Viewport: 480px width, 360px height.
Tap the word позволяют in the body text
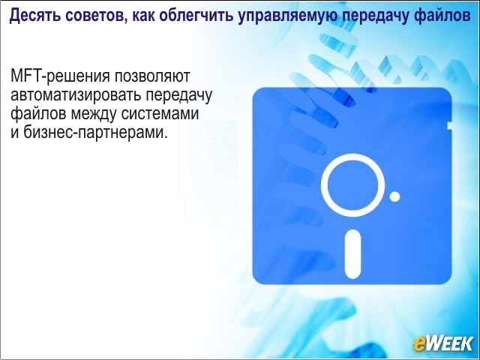click(x=152, y=76)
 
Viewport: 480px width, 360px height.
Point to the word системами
click(x=160, y=114)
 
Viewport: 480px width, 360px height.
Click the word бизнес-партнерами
click(x=95, y=133)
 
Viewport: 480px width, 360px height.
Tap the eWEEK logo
click(x=442, y=343)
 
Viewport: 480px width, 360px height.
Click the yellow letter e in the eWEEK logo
click(x=419, y=344)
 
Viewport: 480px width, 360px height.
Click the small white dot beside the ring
click(x=394, y=196)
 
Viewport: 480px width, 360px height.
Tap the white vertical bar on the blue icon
click(x=352, y=254)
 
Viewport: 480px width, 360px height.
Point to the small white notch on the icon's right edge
click(x=449, y=125)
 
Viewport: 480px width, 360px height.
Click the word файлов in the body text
click(x=38, y=114)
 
